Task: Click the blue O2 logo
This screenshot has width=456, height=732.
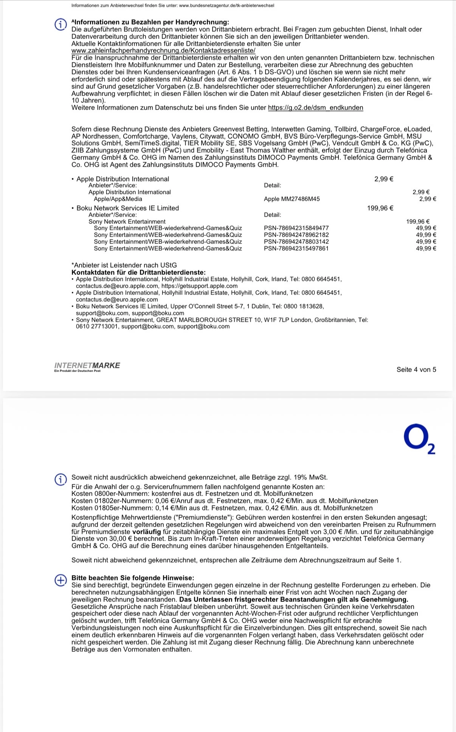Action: (x=419, y=439)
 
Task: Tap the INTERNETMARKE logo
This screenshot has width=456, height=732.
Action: (x=87, y=366)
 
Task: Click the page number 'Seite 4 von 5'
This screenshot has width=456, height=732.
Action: (x=416, y=370)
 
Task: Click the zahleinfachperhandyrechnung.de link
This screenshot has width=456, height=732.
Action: (x=163, y=51)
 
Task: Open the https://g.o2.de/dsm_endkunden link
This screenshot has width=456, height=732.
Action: (x=315, y=108)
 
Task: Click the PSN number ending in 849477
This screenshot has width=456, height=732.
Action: (x=296, y=228)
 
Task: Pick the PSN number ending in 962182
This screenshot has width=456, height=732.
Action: (x=296, y=235)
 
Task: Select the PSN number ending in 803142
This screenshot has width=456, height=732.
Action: (x=296, y=242)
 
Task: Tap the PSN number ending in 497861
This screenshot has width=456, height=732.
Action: (x=296, y=248)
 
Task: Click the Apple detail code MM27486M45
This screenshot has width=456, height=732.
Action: (x=292, y=199)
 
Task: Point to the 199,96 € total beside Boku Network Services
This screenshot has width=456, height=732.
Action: (x=380, y=208)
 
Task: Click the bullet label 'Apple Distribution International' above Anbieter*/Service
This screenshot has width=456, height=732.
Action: (x=123, y=179)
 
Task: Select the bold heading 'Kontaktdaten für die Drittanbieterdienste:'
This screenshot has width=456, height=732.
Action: (x=138, y=272)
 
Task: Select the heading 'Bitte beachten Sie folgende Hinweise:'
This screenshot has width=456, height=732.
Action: (x=132, y=578)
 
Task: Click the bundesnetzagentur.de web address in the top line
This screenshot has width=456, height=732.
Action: (x=226, y=5)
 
